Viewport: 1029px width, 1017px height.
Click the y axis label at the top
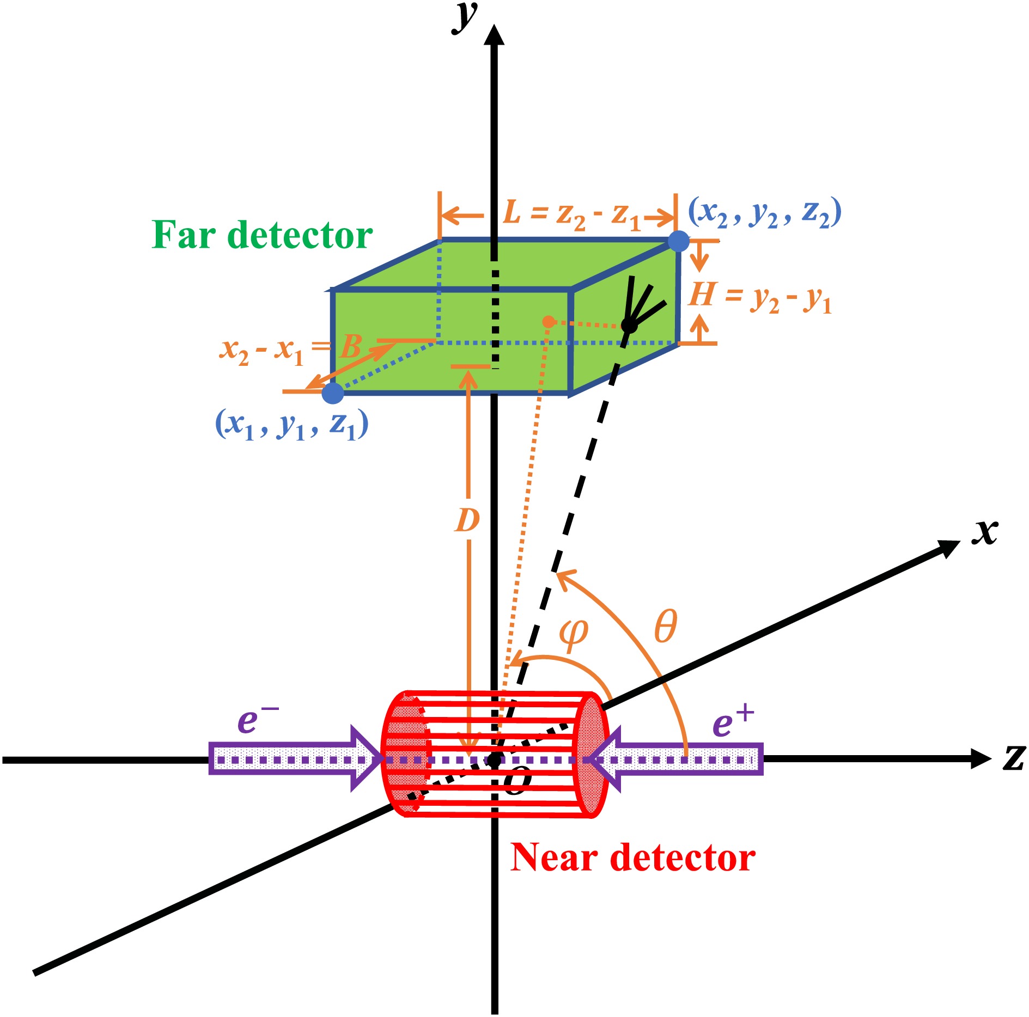(465, 17)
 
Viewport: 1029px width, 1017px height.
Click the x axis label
(985, 531)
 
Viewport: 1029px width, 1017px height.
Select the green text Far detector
(262, 235)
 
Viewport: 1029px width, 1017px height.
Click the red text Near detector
(632, 858)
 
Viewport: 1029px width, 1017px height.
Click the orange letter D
(467, 520)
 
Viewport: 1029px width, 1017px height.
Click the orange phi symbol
(574, 634)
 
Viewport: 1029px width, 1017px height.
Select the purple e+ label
(732, 722)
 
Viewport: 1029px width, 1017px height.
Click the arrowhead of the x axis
(948, 547)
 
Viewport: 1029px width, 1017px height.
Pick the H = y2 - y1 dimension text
(760, 298)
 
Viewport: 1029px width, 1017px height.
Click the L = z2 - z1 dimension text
(572, 214)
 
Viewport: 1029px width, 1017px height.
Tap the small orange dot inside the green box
(549, 322)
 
